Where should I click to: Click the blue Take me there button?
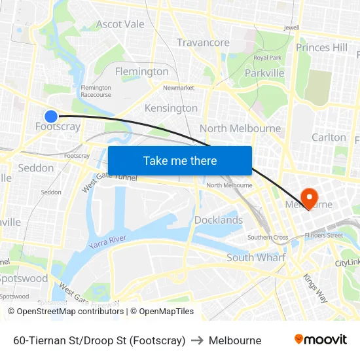pyautogui.click(x=180, y=160)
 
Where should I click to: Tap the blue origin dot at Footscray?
pyautogui.click(x=51, y=116)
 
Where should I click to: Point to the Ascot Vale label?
pyautogui.click(x=120, y=24)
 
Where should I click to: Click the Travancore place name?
pyautogui.click(x=203, y=43)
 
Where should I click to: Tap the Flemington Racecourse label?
pyautogui.click(x=96, y=91)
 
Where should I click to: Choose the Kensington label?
pyautogui.click(x=171, y=108)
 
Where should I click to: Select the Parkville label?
pyautogui.click(x=264, y=73)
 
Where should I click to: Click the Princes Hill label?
pyautogui.click(x=322, y=47)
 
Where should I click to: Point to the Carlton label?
pyautogui.click(x=329, y=137)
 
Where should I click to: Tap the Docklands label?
pyautogui.click(x=219, y=220)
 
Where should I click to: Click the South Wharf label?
pyautogui.click(x=256, y=257)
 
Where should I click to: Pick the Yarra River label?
pyautogui.click(x=107, y=242)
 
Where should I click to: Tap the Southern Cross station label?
pyautogui.click(x=268, y=237)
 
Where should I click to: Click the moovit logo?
pyautogui.click(x=320, y=340)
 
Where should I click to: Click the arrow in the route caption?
pyautogui.click(x=196, y=340)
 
